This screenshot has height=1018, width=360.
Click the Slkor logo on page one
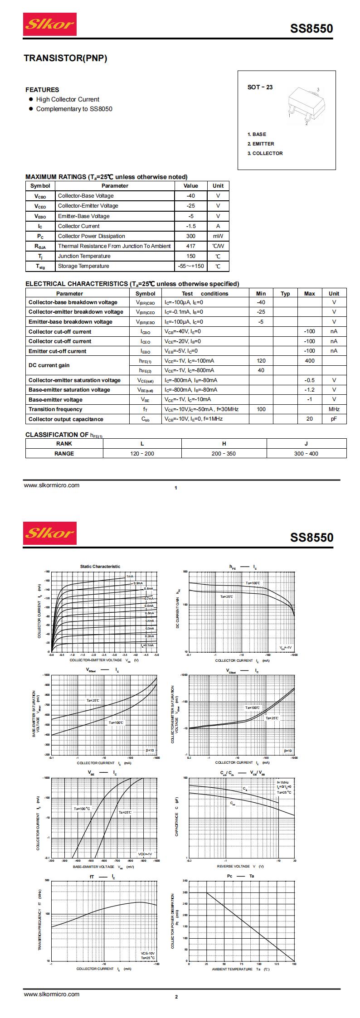pos(50,24)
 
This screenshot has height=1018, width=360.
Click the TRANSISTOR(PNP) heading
pos(65,58)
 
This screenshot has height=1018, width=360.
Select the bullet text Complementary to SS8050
pos(74,109)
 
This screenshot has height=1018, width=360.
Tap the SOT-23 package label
pos(260,87)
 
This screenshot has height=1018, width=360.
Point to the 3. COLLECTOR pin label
pos(265,153)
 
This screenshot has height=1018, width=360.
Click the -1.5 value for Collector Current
pos(190,226)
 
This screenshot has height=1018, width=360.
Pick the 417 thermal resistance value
pos(190,246)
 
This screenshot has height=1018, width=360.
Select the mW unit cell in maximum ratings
pos(218,236)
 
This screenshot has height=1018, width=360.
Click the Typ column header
pos(285,294)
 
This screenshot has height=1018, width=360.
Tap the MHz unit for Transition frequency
pos(334,409)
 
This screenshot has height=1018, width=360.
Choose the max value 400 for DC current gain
pos(309,361)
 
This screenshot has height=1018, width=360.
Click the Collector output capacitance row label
pos(66,419)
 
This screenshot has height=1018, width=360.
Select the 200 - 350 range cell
pos(224,453)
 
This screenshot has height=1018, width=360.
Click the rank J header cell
pos(306,444)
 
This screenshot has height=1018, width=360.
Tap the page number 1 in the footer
pos(175,488)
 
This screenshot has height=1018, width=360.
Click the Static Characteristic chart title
pos(100,566)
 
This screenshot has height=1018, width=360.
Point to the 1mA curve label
pos(130,577)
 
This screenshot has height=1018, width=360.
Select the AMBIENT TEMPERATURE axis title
pos(232,970)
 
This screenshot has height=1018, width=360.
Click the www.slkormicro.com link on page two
pos(52,994)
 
